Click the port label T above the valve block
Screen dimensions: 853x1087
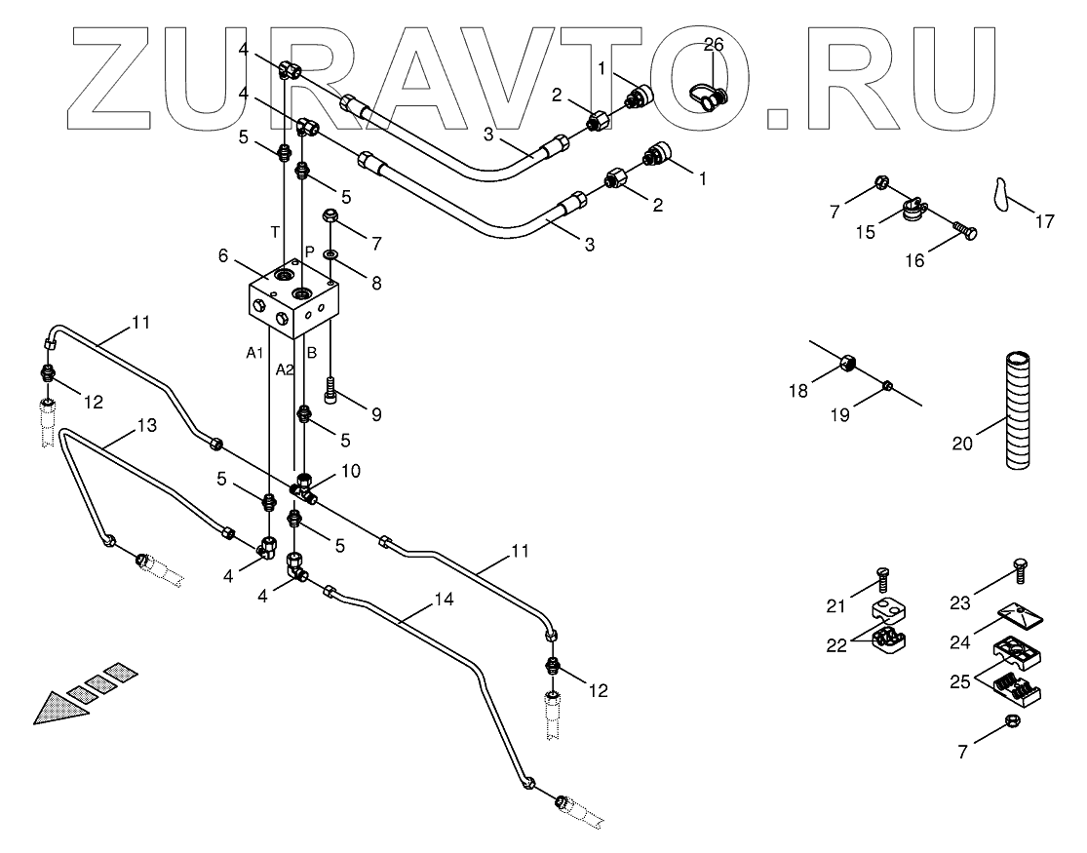pyautogui.click(x=275, y=232)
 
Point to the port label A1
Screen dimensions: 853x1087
pyautogui.click(x=254, y=353)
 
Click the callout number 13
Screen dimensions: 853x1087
pyautogui.click(x=146, y=425)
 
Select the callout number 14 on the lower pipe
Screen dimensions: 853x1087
pyautogui.click(x=444, y=601)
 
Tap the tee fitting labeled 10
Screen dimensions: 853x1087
pyautogui.click(x=304, y=490)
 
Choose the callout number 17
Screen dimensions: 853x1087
pyautogui.click(x=1044, y=222)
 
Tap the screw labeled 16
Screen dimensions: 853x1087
pyautogui.click(x=967, y=232)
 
